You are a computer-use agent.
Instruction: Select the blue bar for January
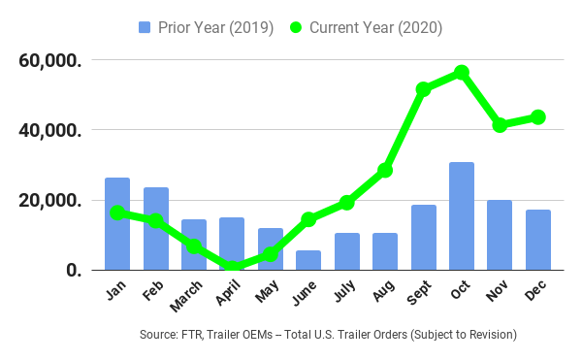click(x=117, y=224)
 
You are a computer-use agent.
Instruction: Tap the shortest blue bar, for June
click(x=308, y=260)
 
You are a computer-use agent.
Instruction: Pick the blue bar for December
click(x=538, y=240)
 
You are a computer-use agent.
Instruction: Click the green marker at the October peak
click(x=462, y=73)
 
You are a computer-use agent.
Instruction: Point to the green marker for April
click(x=233, y=268)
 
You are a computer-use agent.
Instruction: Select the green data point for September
click(x=424, y=89)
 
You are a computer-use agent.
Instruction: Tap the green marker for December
click(x=538, y=117)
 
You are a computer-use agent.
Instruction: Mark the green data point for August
click(x=385, y=170)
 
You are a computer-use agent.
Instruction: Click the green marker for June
click(x=308, y=219)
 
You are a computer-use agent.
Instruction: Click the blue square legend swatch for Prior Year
click(x=145, y=28)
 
